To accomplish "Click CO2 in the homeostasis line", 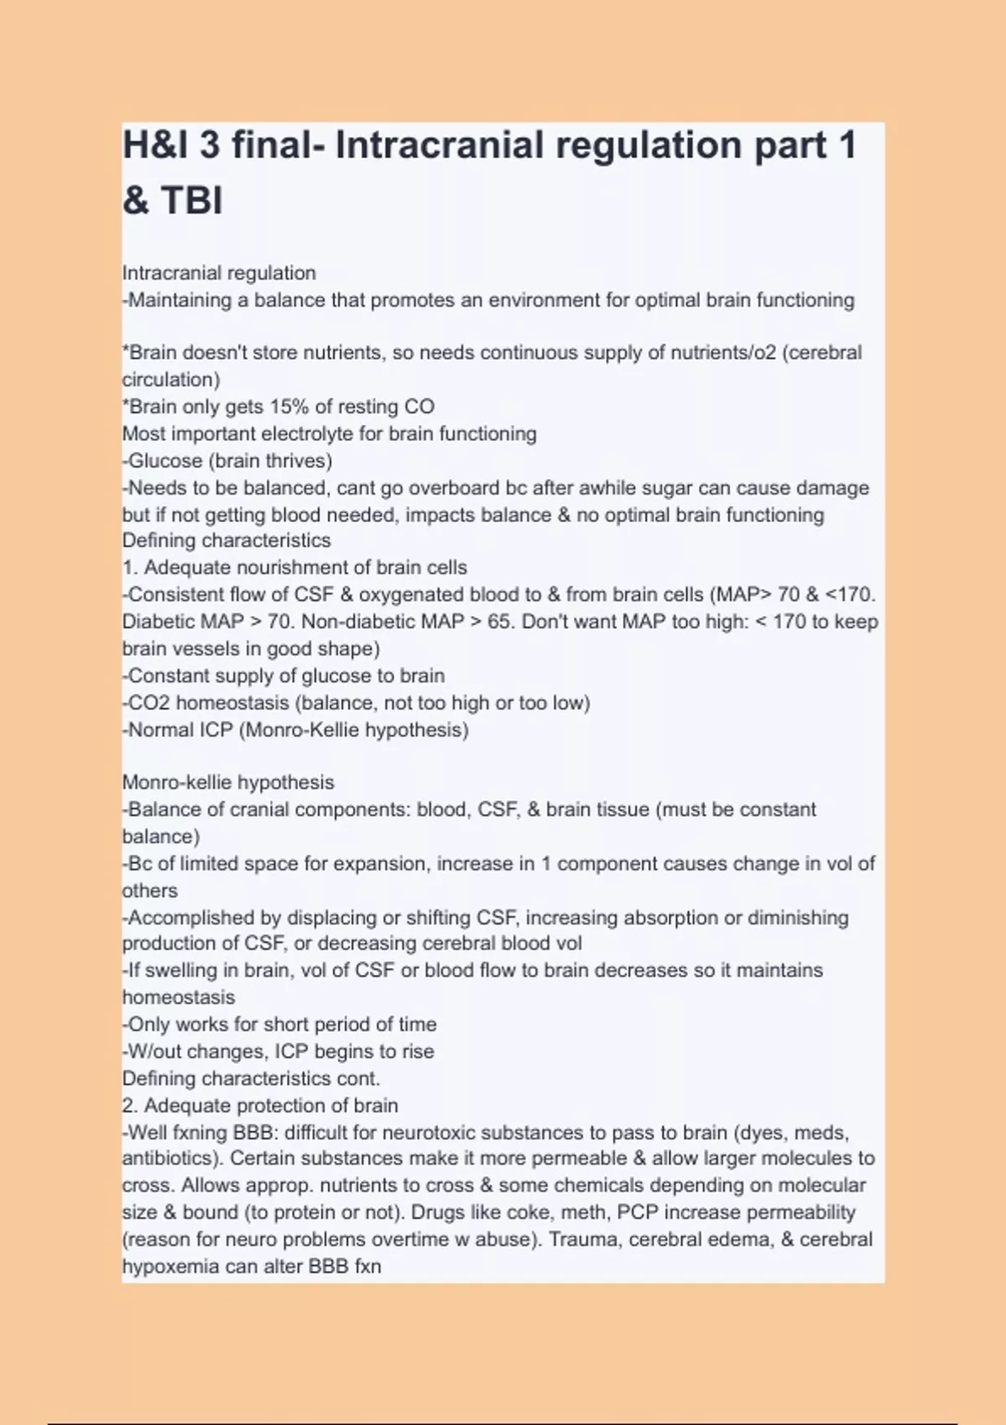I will pos(149,702).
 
